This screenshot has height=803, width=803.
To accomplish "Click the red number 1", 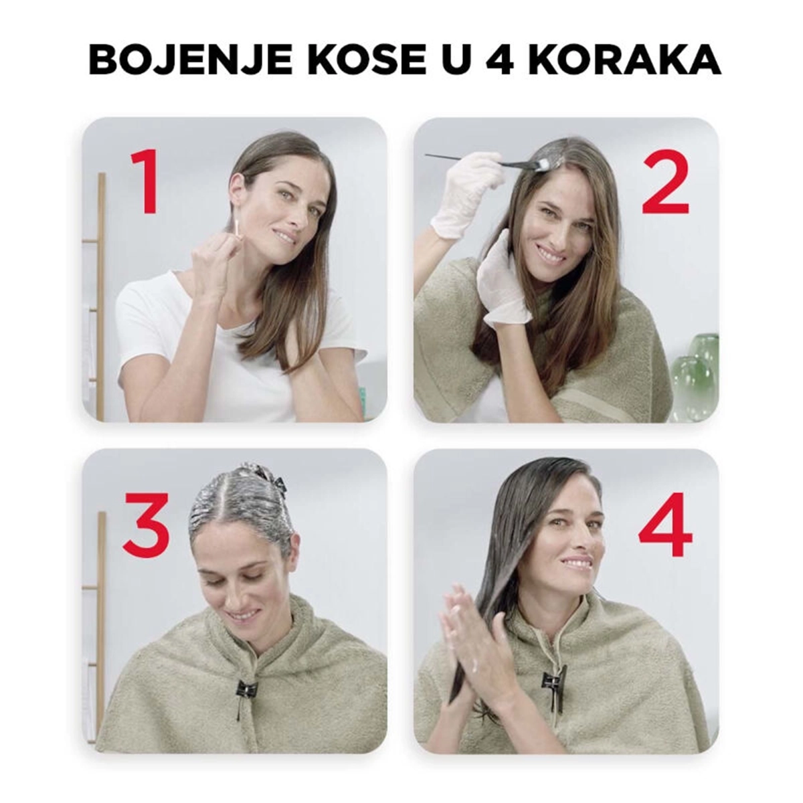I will [x=145, y=182].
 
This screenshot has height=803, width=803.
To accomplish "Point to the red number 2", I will [x=665, y=182].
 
